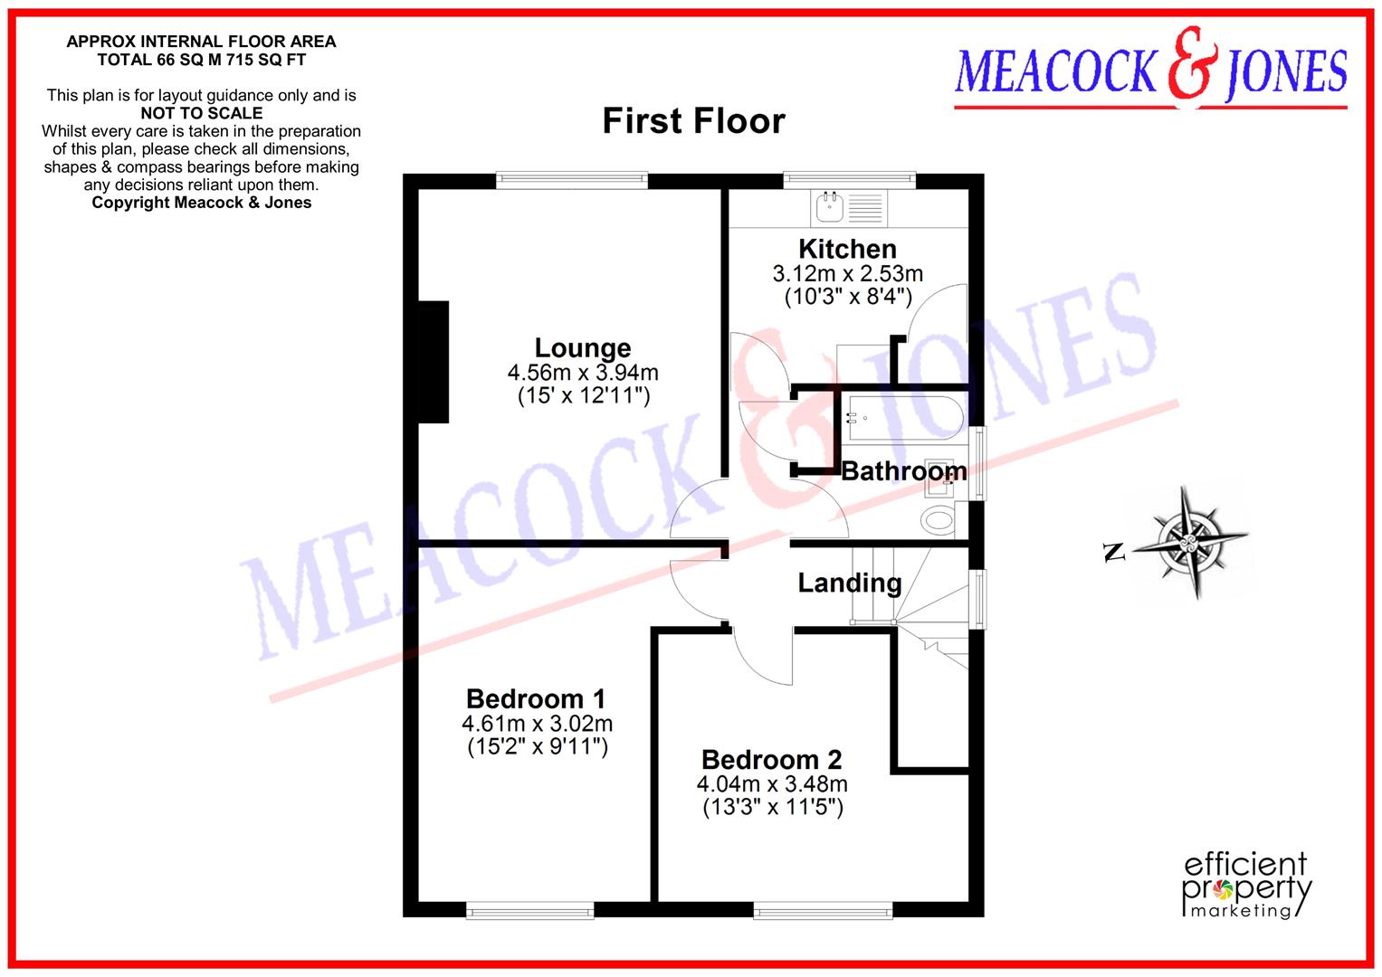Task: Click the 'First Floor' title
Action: click(x=693, y=121)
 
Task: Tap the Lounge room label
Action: click(x=583, y=347)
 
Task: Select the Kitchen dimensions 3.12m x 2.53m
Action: click(x=847, y=273)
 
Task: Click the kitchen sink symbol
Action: click(x=829, y=207)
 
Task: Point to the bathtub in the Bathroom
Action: click(x=901, y=418)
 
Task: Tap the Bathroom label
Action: click(x=903, y=470)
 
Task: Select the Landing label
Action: click(x=849, y=583)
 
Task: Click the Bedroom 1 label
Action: click(x=536, y=698)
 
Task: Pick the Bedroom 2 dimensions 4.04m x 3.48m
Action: click(x=772, y=783)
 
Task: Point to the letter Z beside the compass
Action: click(x=1114, y=552)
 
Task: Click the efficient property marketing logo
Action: click(x=1246, y=885)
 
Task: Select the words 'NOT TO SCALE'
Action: click(x=202, y=113)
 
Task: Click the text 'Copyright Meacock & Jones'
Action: click(x=202, y=203)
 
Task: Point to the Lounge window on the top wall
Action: click(x=572, y=181)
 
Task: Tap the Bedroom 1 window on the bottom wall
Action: click(x=530, y=910)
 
